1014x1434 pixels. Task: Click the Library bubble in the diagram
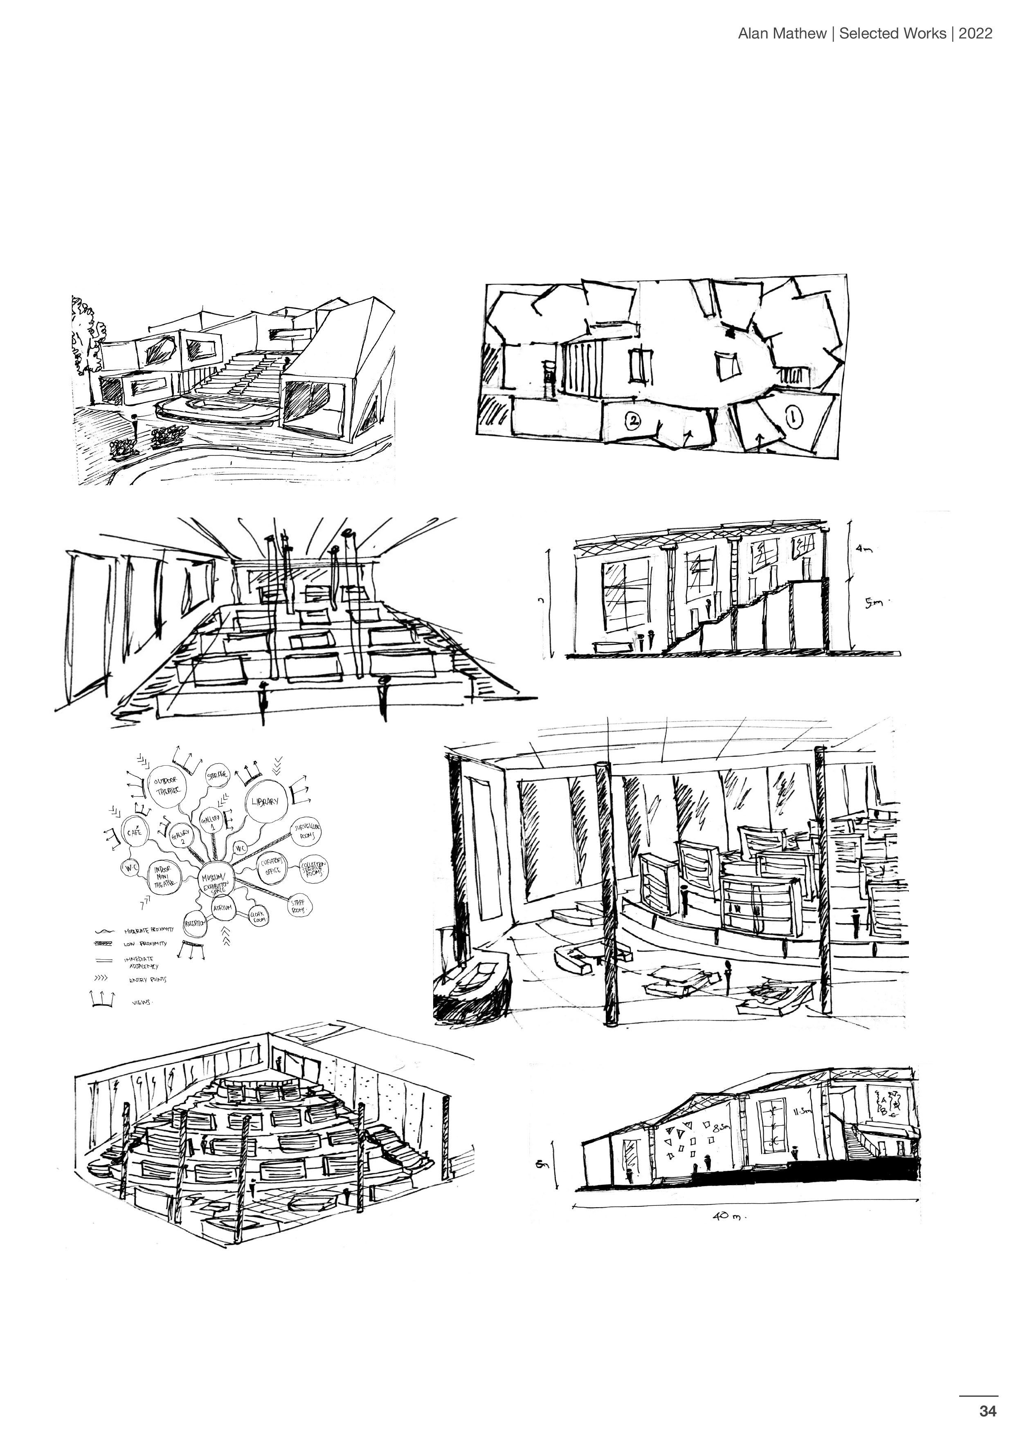click(267, 801)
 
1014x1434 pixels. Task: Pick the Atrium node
click(222, 907)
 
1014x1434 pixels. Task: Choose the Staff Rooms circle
click(299, 906)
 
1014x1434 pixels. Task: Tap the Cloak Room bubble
click(257, 915)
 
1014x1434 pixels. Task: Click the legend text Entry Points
click(147, 980)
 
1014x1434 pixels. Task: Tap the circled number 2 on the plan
click(632, 422)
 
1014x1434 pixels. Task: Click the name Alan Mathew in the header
click(782, 34)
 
